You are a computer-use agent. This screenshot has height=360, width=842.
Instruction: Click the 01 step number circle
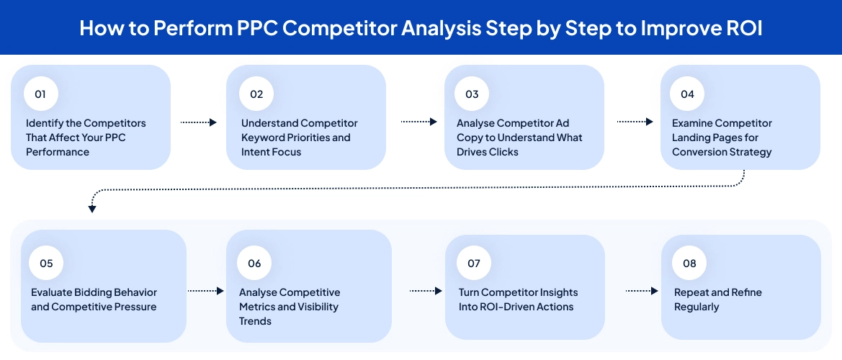click(40, 94)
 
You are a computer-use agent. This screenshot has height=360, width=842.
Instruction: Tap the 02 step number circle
click(256, 94)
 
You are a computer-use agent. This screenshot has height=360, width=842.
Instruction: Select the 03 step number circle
click(472, 94)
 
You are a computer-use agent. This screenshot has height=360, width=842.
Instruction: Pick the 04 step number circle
click(687, 94)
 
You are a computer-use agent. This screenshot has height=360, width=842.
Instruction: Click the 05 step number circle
click(46, 264)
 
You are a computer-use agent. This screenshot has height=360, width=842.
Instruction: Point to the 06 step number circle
click(254, 264)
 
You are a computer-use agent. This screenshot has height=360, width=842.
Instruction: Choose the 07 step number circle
click(473, 264)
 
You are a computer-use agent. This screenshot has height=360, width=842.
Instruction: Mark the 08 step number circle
click(689, 264)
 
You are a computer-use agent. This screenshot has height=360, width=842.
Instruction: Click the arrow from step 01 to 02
click(198, 122)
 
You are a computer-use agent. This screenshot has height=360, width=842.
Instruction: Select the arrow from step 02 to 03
click(418, 122)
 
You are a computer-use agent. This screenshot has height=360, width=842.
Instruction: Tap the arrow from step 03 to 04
click(635, 122)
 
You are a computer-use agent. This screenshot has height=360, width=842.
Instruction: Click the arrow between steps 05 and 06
click(206, 291)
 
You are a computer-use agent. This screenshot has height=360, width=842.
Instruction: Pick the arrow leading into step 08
click(642, 291)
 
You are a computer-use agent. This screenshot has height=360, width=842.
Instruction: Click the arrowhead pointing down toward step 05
click(92, 209)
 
